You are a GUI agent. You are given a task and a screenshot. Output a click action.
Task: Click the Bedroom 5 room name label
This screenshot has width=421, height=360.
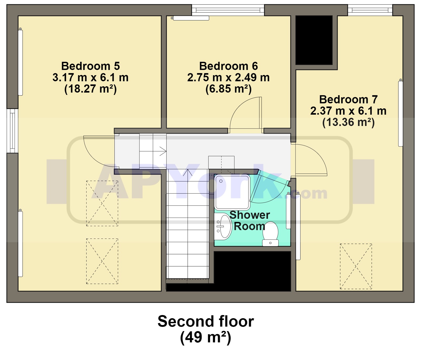click(x=91, y=66)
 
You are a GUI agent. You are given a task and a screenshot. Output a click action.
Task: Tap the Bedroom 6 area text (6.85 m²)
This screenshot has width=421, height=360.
click(x=228, y=89)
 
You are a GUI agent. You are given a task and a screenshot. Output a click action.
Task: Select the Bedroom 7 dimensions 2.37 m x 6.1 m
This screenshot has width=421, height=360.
click(x=348, y=111)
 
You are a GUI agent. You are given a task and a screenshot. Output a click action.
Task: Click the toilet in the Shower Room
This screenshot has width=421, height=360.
click(x=270, y=234)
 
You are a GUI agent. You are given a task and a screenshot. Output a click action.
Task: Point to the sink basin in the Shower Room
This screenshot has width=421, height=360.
click(x=223, y=226)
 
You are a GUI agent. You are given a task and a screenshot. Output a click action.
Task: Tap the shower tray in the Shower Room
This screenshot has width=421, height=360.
click(x=232, y=192)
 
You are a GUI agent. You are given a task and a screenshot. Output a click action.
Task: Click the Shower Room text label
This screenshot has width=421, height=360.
click(x=250, y=220)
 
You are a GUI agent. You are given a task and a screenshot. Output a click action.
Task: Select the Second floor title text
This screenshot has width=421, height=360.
click(x=206, y=321)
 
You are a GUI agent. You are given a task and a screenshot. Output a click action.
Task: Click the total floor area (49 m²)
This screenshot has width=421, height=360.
click(x=206, y=337)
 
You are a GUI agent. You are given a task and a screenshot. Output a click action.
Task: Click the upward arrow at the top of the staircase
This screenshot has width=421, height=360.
click(x=188, y=173)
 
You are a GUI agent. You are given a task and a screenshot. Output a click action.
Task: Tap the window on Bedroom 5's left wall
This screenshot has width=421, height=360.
click(x=12, y=131)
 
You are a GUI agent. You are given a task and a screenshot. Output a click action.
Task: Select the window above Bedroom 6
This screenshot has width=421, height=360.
click(x=228, y=10)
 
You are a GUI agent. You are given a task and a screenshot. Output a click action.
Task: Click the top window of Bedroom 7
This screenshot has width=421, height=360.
click(x=370, y=10)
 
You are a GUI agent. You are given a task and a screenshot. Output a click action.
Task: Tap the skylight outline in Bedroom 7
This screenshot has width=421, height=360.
click(x=356, y=266)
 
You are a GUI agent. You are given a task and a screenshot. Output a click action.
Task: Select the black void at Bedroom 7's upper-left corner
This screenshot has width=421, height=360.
click(x=314, y=40)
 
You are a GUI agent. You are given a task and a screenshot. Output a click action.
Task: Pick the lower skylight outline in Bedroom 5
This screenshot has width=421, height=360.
click(x=102, y=261)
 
